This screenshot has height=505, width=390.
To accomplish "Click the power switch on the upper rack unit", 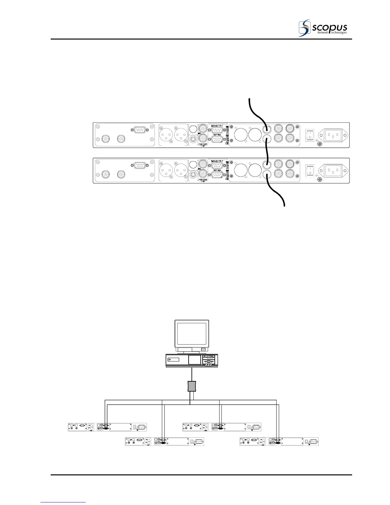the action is pos(309,135).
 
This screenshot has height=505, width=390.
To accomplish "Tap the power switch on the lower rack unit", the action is pos(309,171).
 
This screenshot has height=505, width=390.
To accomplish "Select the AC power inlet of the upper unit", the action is pos(333,135).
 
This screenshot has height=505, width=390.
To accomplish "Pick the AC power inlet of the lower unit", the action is pos(333,171).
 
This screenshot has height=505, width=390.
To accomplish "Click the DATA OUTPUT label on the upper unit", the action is pos(217,126).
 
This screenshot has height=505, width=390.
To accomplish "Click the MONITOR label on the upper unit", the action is pos(203,144).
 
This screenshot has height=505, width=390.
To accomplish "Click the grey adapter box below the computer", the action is pos(191,386).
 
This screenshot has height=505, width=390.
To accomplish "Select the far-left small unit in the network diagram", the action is pos(107,427).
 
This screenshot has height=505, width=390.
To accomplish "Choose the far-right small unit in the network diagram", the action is pos(279,442).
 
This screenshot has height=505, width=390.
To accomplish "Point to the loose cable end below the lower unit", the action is pos(284,205).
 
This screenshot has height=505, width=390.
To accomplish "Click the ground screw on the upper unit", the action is pos(320,144).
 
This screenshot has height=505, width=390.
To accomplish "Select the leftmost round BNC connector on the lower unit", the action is pos(104,174).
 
